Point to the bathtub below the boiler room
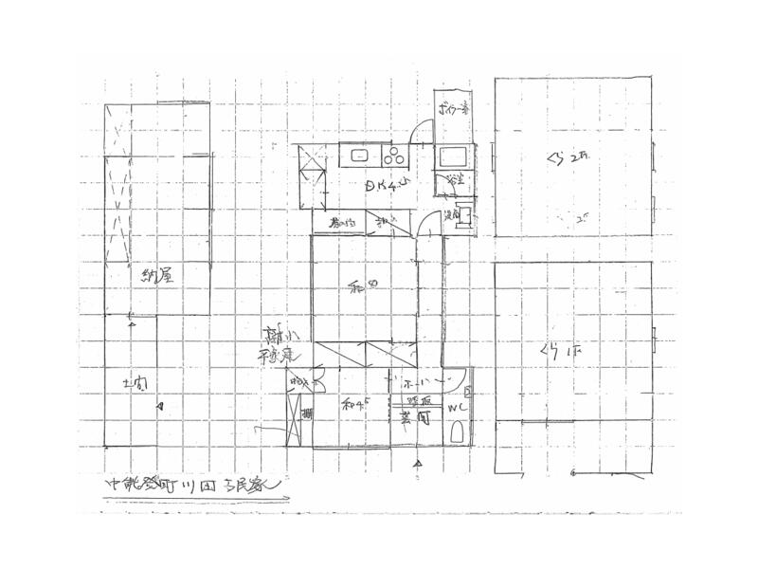(451, 155)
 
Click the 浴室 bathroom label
(455, 181)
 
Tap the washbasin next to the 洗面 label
(465, 214)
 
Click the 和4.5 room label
(354, 403)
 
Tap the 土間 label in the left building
(136, 383)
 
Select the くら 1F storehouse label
(561, 352)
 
